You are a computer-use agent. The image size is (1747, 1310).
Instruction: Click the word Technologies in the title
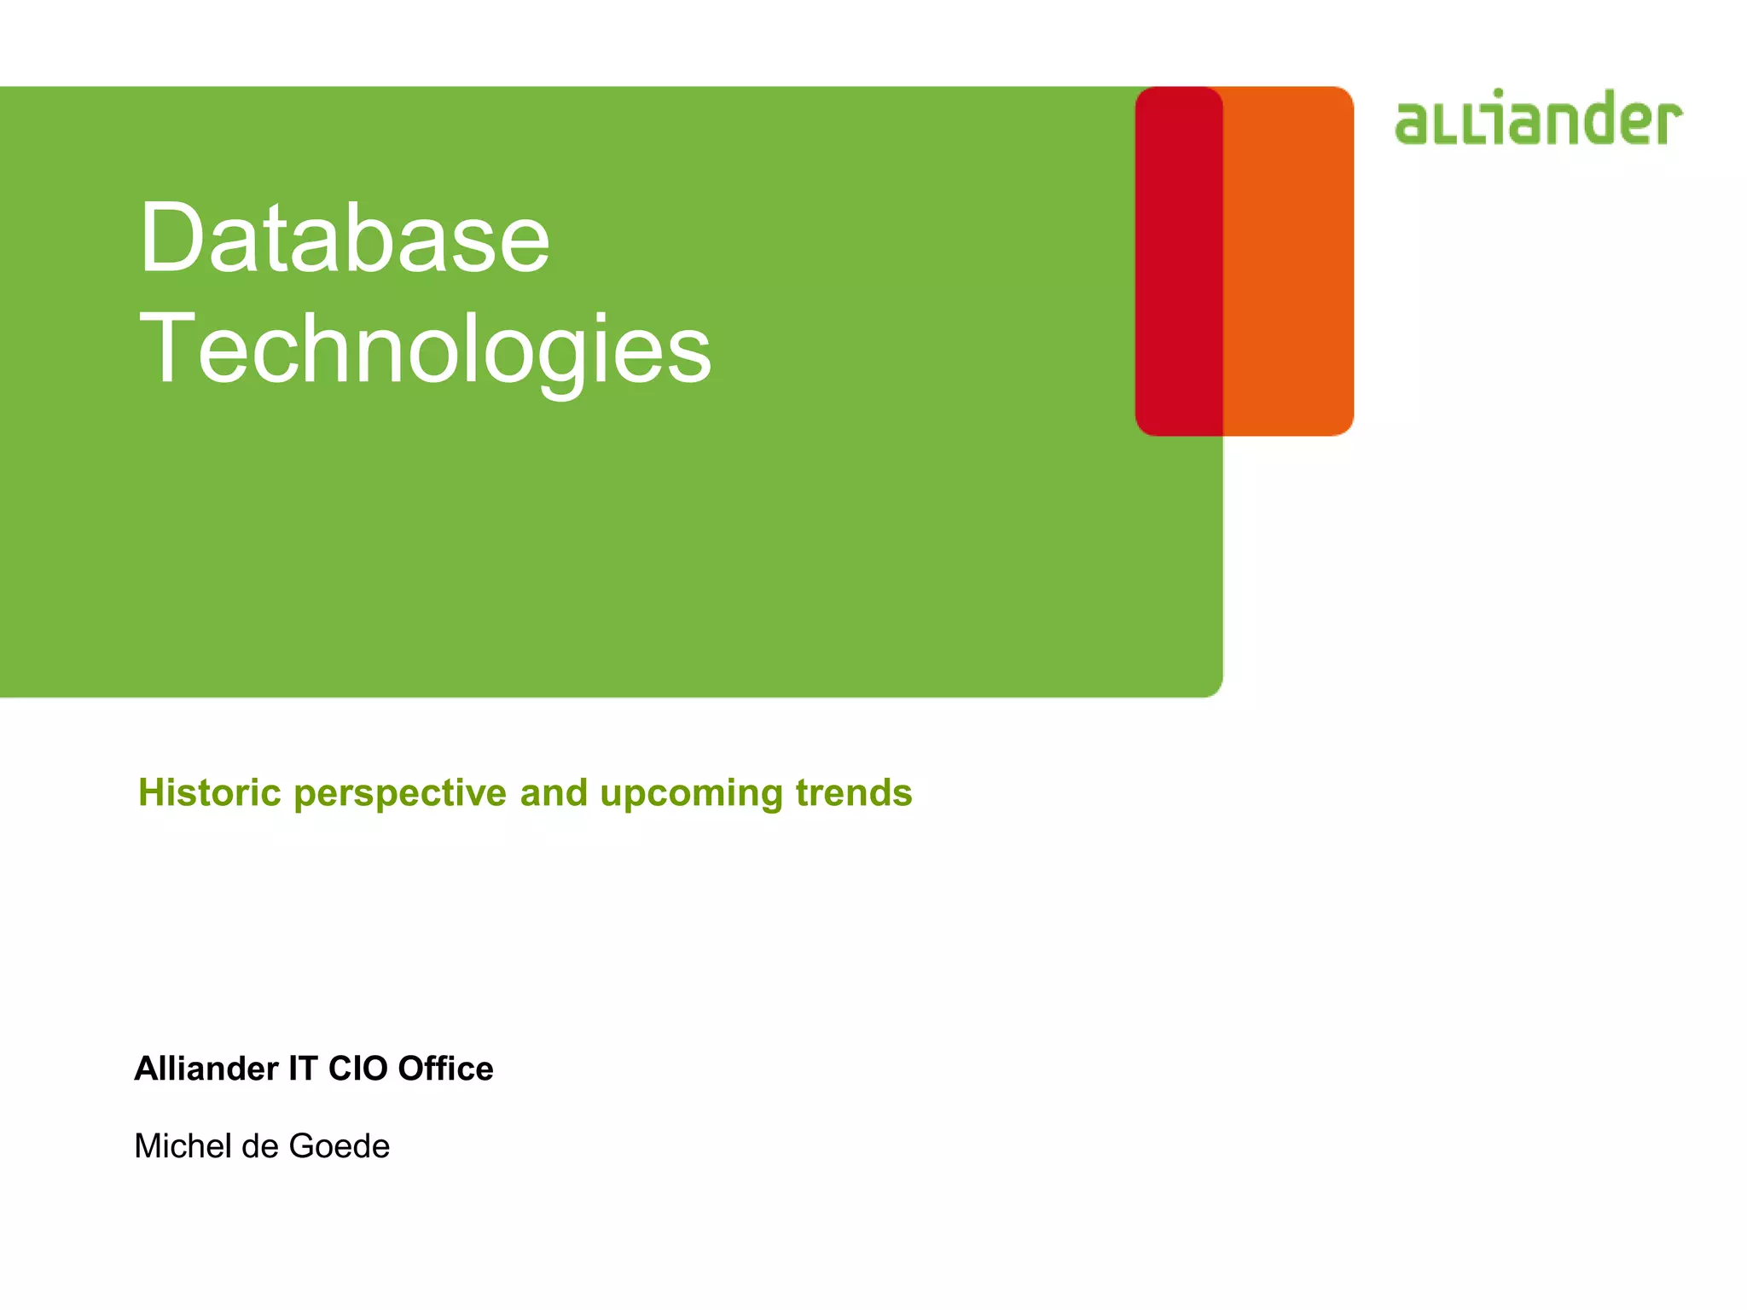point(424,350)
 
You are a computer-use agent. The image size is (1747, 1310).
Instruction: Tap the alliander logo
point(1538,119)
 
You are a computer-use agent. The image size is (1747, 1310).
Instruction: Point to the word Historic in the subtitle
point(210,792)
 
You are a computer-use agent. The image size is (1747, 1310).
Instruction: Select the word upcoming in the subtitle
point(691,794)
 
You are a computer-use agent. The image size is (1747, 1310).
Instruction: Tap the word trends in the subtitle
point(854,792)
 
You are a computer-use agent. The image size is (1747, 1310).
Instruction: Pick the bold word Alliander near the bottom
point(206,1069)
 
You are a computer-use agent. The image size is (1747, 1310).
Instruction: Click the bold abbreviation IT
point(303,1069)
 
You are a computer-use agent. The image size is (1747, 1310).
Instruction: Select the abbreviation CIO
point(358,1069)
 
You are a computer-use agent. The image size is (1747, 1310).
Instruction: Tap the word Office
point(445,1069)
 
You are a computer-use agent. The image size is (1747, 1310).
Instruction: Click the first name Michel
point(183,1146)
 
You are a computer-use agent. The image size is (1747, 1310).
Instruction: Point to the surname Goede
point(339,1146)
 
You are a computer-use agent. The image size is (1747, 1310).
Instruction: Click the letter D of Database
point(170,238)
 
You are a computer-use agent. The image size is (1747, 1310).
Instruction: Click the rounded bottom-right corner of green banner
point(1215,688)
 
